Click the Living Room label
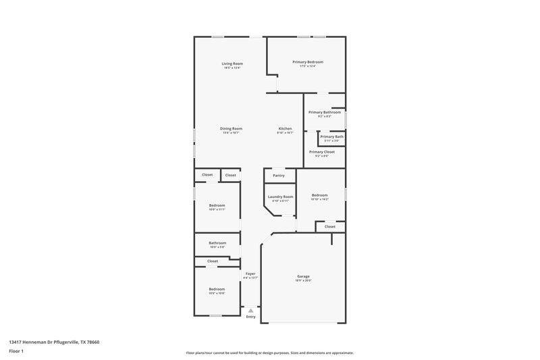pyautogui.click(x=232, y=64)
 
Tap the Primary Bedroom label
pyautogui.click(x=308, y=63)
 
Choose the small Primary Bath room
pyautogui.click(x=331, y=138)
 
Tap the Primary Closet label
pyautogui.click(x=321, y=153)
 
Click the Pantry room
pyautogui.click(x=279, y=176)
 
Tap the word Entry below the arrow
pyautogui.click(x=250, y=317)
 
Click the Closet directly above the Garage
pyautogui.click(x=329, y=227)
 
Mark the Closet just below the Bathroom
pyautogui.click(x=213, y=261)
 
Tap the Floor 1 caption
pyautogui.click(x=17, y=352)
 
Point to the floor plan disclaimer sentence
pyautogui.click(x=269, y=353)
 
